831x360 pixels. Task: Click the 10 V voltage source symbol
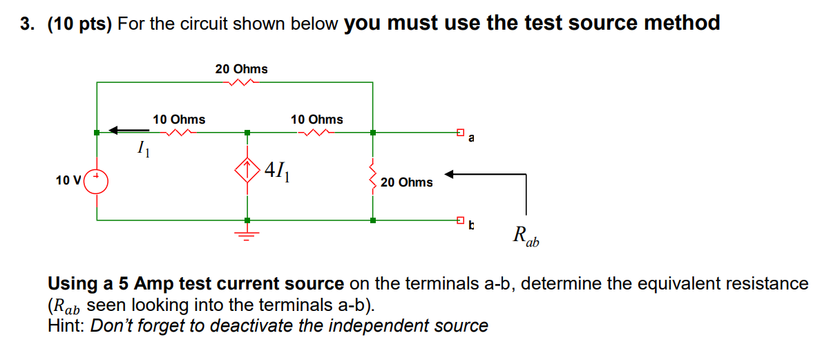(97, 181)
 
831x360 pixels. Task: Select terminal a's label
(471, 138)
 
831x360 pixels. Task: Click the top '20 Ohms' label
(241, 68)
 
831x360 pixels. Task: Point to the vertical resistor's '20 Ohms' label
(406, 182)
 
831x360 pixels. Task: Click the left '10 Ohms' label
(179, 120)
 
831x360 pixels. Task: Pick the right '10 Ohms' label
(316, 120)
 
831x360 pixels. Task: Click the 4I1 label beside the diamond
(280, 169)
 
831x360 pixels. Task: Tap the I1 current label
(143, 147)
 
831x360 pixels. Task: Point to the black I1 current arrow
(128, 129)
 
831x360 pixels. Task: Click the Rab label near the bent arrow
(526, 236)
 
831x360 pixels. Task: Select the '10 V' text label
(68, 181)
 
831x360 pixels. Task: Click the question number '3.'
(27, 24)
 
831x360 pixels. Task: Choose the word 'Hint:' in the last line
(67, 325)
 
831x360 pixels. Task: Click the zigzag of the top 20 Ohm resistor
(241, 82)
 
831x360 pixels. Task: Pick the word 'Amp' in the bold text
(155, 284)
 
